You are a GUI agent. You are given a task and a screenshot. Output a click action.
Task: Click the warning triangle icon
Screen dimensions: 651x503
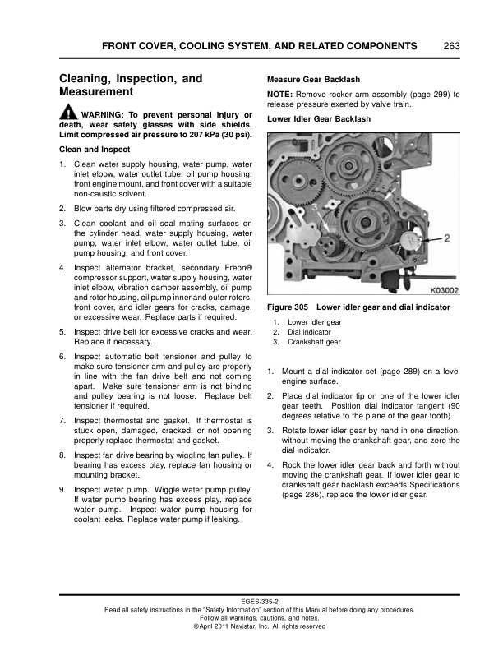[68, 114]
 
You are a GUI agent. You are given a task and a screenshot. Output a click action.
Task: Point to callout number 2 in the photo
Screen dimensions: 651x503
[447, 239]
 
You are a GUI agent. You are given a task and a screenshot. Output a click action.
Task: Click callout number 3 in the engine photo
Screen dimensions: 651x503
[315, 209]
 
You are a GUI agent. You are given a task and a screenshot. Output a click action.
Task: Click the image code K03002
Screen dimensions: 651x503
[444, 290]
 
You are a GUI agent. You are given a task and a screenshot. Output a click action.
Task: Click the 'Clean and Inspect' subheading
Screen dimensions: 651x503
[94, 150]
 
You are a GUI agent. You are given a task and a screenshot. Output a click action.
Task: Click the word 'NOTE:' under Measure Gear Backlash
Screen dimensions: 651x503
[281, 95]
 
